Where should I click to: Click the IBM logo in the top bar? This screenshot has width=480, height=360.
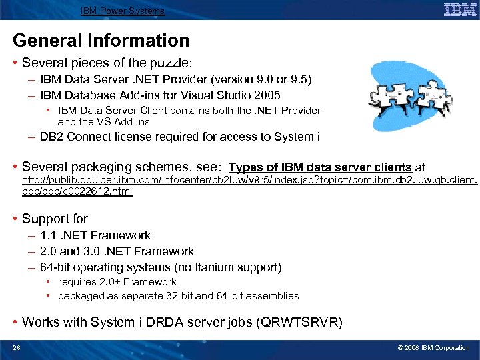pos(459,10)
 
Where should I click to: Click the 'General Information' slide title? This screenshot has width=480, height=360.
pos(101,41)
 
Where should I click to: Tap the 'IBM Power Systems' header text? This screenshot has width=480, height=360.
pos(123,11)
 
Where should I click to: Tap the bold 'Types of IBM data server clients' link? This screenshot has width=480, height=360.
pos(320,167)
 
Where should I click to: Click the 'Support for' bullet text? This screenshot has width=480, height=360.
pos(55,219)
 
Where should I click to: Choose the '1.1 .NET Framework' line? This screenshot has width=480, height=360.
pos(95,235)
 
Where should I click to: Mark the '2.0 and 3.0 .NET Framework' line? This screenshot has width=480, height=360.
pos(117,251)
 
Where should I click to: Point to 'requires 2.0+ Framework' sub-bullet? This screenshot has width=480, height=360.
pos(117,282)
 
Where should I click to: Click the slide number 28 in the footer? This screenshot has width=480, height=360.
pos(17,348)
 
